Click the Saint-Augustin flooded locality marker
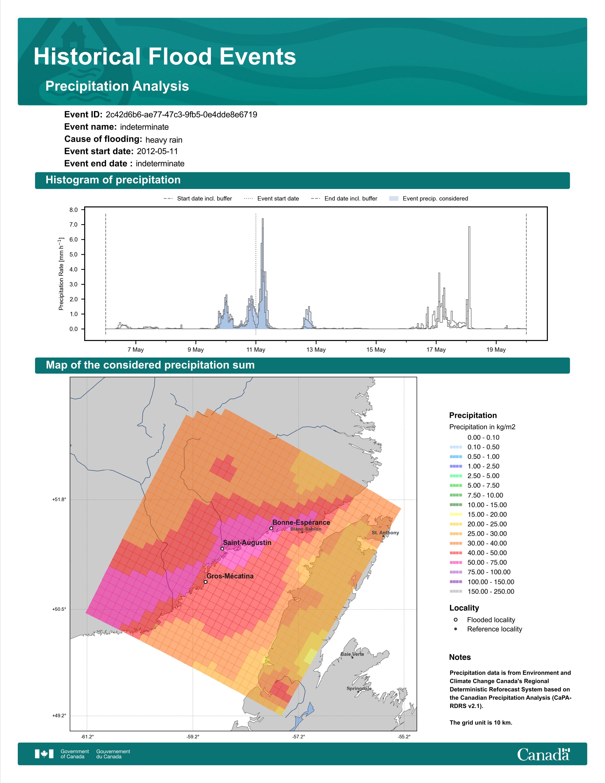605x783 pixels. pos(222,549)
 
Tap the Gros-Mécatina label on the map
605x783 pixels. pos(230,576)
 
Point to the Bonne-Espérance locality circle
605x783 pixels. pos(271,528)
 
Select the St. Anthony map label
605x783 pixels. pos(385,533)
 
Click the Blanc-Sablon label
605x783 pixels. pos(306,529)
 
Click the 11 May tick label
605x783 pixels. pos(256,350)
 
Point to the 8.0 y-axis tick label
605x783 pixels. pos(74,210)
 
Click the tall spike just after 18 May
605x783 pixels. pos(469,278)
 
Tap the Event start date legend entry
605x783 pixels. pos(271,199)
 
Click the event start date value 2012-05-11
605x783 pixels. pos(157,151)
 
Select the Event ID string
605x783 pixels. pos(181,115)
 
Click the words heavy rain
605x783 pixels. pos(164,140)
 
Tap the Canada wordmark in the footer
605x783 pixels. pos(543,754)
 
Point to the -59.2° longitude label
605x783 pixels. pos(193,737)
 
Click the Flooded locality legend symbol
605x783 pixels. pos(456,620)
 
